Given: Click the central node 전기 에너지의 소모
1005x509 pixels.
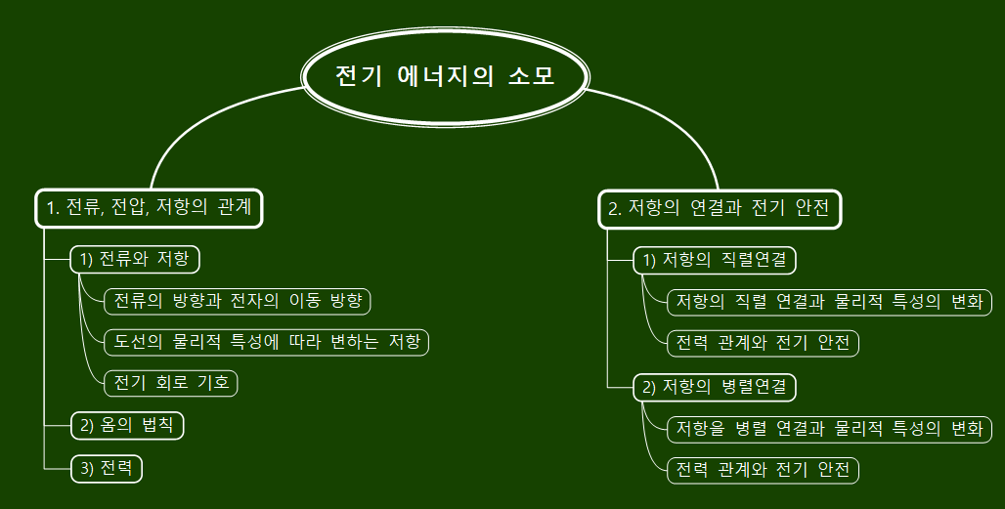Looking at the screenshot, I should pyautogui.click(x=446, y=76).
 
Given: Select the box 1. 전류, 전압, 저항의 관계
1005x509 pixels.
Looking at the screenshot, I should pyautogui.click(x=150, y=207).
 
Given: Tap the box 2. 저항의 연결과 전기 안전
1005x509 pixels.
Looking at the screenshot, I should pyautogui.click(x=719, y=208).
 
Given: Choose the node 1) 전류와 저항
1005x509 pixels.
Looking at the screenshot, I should pyautogui.click(x=135, y=259).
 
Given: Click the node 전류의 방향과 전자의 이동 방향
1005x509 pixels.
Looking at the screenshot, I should pyautogui.click(x=239, y=300).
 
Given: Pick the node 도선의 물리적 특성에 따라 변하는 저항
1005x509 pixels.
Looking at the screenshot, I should pyautogui.click(x=267, y=342).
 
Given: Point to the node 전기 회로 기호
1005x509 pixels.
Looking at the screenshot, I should pyautogui.click(x=171, y=383).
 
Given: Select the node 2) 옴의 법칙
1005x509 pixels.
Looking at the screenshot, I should pyautogui.click(x=127, y=426).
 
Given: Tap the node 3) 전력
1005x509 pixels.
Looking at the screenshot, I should pyautogui.click(x=107, y=469).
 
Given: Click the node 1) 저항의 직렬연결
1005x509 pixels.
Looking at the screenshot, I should pyautogui.click(x=715, y=260).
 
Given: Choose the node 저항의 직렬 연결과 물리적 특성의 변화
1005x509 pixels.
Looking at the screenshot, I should pyautogui.click(x=829, y=302).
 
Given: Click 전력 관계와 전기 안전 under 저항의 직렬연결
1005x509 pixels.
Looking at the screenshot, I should pyautogui.click(x=763, y=343).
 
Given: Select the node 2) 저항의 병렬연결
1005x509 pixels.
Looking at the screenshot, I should pyautogui.click(x=715, y=387).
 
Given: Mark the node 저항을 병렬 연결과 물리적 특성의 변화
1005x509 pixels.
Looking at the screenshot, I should pyautogui.click(x=829, y=429).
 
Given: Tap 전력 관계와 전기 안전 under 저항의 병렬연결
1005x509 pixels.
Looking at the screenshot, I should pyautogui.click(x=763, y=470).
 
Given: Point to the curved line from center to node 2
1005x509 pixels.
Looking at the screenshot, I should pyautogui.click(x=684, y=122).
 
